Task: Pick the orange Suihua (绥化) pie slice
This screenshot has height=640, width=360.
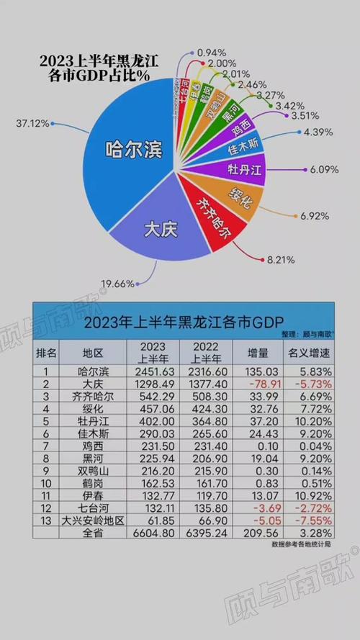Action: pyautogui.click(x=240, y=195)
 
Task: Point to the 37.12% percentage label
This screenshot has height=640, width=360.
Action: pyautogui.click(x=32, y=124)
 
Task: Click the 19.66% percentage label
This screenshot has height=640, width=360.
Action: pyautogui.click(x=116, y=284)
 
